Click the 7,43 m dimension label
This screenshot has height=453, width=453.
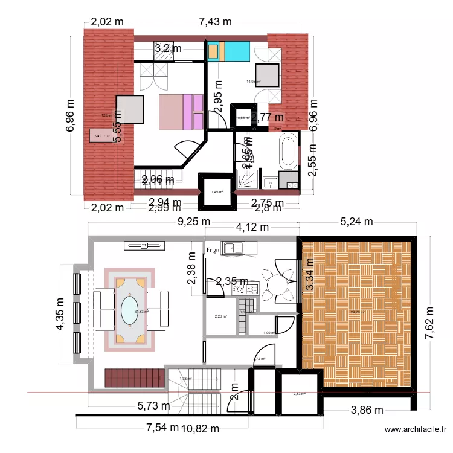[216, 22]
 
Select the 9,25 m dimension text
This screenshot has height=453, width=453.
[193, 221]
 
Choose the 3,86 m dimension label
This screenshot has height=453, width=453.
[367, 411]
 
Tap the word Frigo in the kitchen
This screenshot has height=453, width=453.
[213, 249]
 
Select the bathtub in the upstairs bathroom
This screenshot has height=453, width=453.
[288, 151]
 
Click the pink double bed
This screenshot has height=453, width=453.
[181, 112]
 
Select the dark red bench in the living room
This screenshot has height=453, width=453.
[135, 379]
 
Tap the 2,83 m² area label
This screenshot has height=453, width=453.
[299, 394]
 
